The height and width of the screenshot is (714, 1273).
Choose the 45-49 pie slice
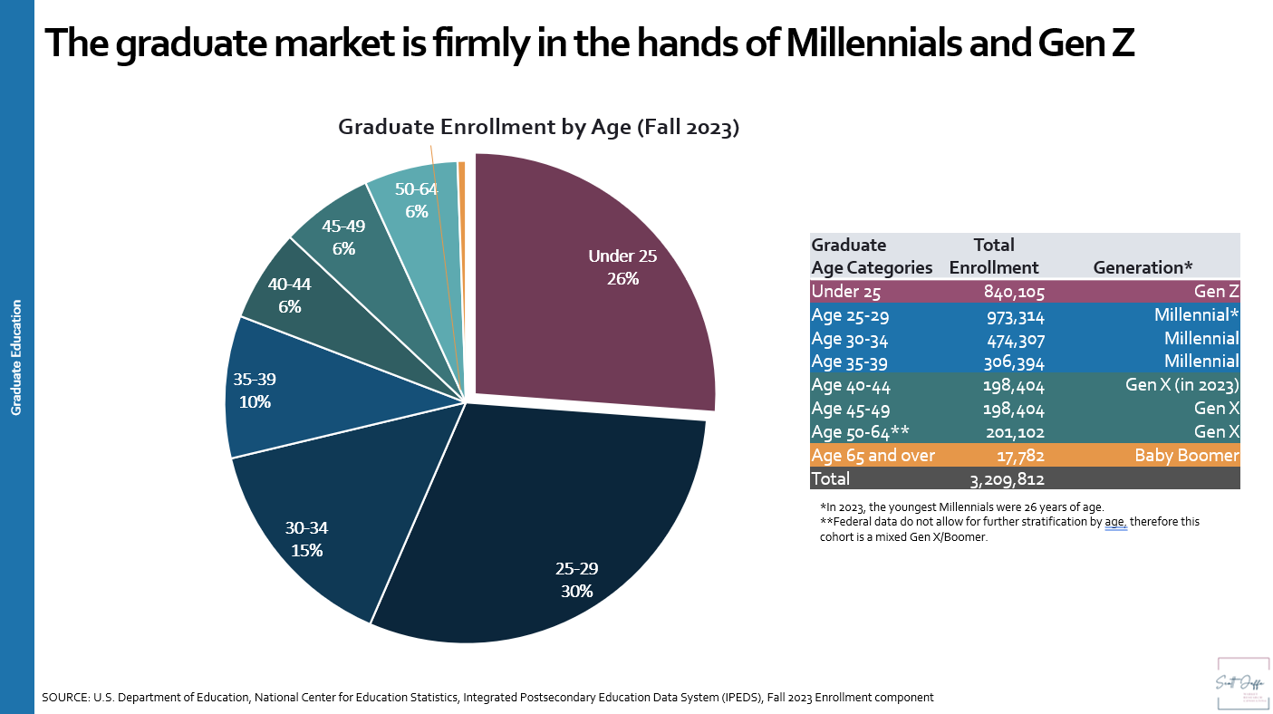click(344, 237)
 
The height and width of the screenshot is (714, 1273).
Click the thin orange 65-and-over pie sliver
click(461, 169)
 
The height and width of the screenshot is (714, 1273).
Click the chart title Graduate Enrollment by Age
click(539, 128)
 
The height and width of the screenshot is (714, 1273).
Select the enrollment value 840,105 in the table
click(1014, 291)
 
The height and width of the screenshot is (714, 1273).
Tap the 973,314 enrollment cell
click(1014, 314)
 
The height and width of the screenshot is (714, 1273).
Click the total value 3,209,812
click(1007, 478)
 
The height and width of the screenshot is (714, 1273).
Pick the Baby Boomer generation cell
click(1186, 455)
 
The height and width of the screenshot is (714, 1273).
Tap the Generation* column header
click(1143, 267)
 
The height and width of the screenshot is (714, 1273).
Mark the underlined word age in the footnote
click(1115, 522)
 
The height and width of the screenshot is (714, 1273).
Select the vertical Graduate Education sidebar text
click(16, 358)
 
